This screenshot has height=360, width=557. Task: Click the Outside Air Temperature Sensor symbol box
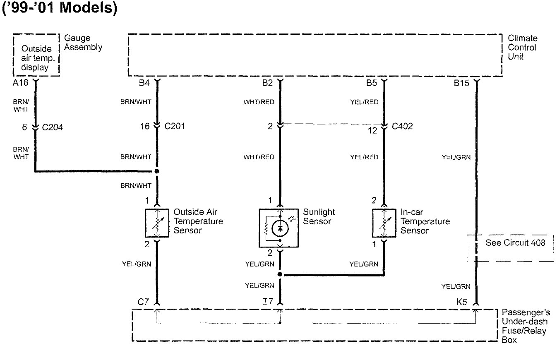pyautogui.click(x=157, y=223)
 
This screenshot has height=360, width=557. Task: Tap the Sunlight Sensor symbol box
pyautogui.click(x=280, y=228)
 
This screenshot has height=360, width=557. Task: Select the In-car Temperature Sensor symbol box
pyautogui.click(x=384, y=223)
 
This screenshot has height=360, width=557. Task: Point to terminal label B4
pyautogui.click(x=144, y=83)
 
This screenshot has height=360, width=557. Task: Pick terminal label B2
pyautogui.click(x=267, y=83)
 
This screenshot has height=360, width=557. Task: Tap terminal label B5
pyautogui.click(x=371, y=83)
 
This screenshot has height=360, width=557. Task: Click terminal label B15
pyautogui.click(x=461, y=83)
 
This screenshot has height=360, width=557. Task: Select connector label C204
pyautogui.click(x=53, y=127)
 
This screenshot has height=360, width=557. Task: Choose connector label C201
pyautogui.click(x=174, y=126)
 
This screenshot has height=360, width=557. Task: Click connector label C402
pyautogui.click(x=402, y=126)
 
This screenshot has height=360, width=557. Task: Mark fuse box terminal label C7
pyautogui.click(x=143, y=302)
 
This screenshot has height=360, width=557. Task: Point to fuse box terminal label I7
pyautogui.click(x=268, y=302)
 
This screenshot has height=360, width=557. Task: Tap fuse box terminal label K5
pyautogui.click(x=462, y=302)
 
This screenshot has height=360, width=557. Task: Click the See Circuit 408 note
pyautogui.click(x=515, y=243)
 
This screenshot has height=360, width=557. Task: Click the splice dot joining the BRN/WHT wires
pyautogui.click(x=157, y=171)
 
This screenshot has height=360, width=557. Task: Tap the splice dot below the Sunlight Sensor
pyautogui.click(x=280, y=274)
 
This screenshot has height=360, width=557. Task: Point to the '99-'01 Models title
pyautogui.click(x=60, y=8)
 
